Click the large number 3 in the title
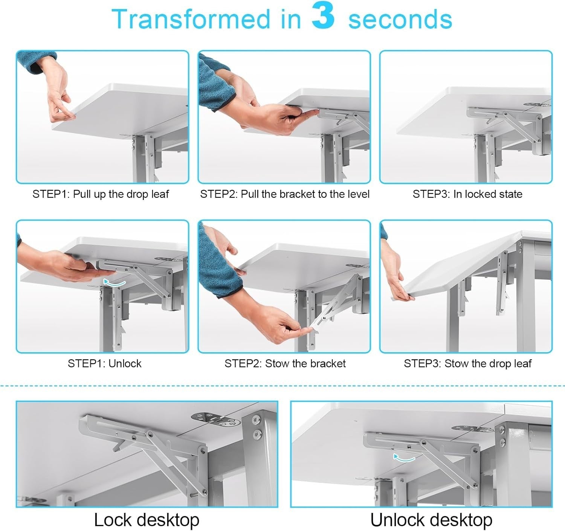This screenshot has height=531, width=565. [324, 16]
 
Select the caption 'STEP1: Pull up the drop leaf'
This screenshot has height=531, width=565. [101, 194]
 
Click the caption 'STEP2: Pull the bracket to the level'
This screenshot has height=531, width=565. [285, 194]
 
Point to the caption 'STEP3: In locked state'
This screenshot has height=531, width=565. [467, 194]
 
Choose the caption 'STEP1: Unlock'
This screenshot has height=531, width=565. [104, 364]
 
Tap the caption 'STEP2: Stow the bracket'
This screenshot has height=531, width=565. [285, 364]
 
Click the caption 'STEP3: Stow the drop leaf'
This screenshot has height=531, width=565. [467, 364]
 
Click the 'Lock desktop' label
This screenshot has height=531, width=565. [147, 520]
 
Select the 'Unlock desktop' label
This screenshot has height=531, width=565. [431, 520]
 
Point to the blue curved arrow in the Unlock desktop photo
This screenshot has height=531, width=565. [404, 458]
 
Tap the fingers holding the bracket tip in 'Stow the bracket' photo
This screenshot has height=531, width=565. [295, 327]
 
